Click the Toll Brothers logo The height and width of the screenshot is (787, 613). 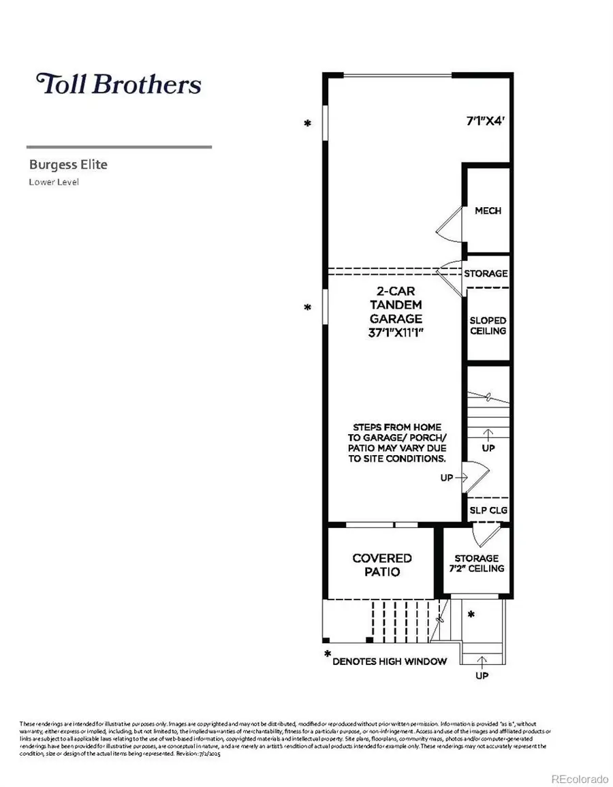pyautogui.click(x=119, y=84)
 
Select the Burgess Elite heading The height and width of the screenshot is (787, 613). pyautogui.click(x=68, y=164)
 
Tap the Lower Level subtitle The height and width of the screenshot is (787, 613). pyautogui.click(x=54, y=182)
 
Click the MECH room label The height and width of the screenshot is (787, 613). pyautogui.click(x=488, y=211)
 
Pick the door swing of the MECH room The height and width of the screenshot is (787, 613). pyautogui.click(x=450, y=226)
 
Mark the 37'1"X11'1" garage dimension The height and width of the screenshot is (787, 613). pyautogui.click(x=395, y=333)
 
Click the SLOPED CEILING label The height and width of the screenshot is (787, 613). pyautogui.click(x=488, y=325)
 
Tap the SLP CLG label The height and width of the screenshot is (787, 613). pyautogui.click(x=488, y=510)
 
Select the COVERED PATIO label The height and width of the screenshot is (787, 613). pyautogui.click(x=381, y=565)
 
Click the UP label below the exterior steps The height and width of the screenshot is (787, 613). pyautogui.click(x=482, y=676)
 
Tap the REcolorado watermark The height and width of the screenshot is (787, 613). pyautogui.click(x=579, y=779)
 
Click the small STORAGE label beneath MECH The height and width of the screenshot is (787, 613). pyautogui.click(x=486, y=273)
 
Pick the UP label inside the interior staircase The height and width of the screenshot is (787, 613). pyautogui.click(x=488, y=448)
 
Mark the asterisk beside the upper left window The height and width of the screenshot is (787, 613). pyautogui.click(x=308, y=123)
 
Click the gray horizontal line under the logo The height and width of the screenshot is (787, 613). pyautogui.click(x=119, y=146)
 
